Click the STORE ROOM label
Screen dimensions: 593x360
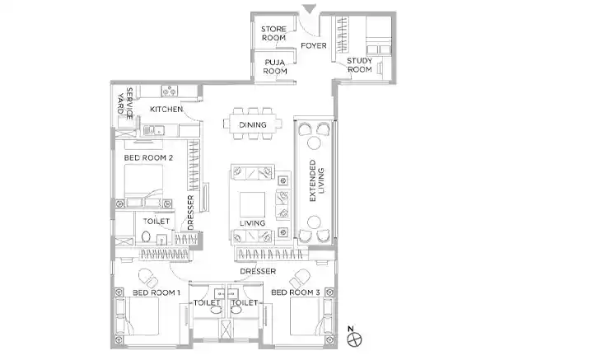[273, 33]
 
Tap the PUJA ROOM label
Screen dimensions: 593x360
[275, 67]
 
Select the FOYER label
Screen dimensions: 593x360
[314, 46]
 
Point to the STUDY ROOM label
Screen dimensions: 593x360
[359, 65]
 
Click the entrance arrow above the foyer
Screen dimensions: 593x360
[310, 8]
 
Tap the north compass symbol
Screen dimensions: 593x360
[354, 339]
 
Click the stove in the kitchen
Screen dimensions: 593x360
[170, 91]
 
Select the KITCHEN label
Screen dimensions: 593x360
[166, 110]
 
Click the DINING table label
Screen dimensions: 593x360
[253, 124]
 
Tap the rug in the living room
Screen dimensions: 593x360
[252, 204]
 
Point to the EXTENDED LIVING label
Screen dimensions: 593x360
[316, 180]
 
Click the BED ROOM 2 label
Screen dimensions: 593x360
[148, 157]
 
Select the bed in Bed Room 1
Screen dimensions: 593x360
[138, 316]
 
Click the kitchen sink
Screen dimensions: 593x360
[154, 130]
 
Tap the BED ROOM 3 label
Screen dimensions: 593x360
[296, 292]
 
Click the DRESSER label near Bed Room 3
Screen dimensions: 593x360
[258, 272]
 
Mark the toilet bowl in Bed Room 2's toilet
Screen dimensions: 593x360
[146, 237]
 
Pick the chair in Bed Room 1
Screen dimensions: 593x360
[148, 278]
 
